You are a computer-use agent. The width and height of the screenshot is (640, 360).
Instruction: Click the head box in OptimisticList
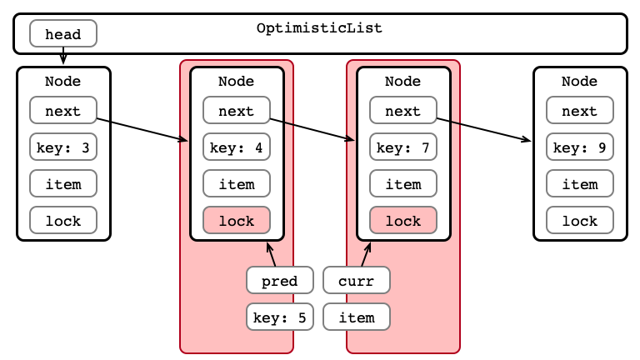click(x=63, y=33)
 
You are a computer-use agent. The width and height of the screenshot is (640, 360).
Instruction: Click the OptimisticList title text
click(x=320, y=28)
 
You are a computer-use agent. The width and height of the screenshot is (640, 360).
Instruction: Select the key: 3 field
click(x=63, y=147)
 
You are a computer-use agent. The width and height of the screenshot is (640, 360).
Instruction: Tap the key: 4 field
click(x=237, y=147)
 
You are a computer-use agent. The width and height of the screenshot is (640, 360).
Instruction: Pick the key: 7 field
click(x=403, y=147)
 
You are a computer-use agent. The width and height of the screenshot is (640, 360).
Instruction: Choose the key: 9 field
click(x=580, y=147)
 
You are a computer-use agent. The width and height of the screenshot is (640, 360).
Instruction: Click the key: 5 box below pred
click(x=280, y=317)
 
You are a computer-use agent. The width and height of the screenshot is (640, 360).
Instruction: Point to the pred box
click(x=280, y=280)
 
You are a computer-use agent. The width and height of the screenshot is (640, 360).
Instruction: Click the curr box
click(x=357, y=280)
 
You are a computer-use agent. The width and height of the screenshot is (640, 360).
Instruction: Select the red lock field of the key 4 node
click(x=237, y=220)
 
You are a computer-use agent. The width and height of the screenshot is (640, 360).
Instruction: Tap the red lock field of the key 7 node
click(x=403, y=220)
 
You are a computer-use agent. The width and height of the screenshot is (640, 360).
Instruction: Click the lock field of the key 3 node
click(x=63, y=220)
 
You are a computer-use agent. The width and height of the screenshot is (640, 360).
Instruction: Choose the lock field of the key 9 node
click(x=580, y=220)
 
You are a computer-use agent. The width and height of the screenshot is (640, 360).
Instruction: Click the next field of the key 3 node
click(x=63, y=110)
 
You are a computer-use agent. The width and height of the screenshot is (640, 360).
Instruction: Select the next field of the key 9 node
click(x=580, y=110)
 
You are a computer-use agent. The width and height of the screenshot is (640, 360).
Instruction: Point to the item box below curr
click(x=357, y=317)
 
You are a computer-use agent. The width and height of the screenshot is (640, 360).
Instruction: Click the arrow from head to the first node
click(x=63, y=56)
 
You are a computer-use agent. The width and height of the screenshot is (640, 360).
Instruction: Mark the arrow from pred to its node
click(x=272, y=254)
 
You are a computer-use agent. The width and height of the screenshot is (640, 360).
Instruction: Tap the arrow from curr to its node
click(x=366, y=254)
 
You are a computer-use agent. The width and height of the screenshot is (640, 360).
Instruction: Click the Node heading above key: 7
click(x=402, y=81)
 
